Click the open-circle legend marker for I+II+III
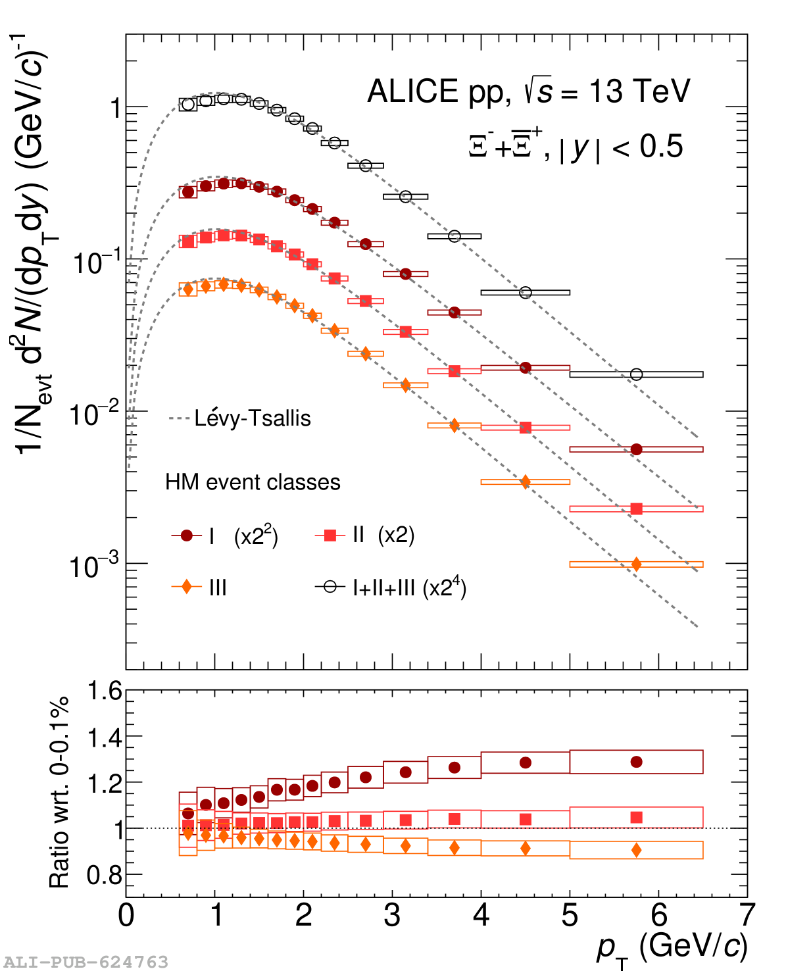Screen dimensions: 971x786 tap(330, 586)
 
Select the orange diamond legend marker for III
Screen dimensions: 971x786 tap(187, 586)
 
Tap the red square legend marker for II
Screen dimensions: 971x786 tap(330, 535)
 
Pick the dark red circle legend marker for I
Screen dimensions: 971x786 tap(187, 535)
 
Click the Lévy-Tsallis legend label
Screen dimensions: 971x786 tap(253, 418)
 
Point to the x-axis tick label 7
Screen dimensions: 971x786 tap(747, 915)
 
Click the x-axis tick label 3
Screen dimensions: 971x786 tap(393, 915)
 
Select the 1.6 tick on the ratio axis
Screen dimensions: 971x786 tap(105, 691)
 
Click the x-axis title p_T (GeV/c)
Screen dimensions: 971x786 tap(671, 947)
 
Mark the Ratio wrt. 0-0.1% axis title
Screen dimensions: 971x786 tap(59, 792)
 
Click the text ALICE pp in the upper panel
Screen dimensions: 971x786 tap(439, 91)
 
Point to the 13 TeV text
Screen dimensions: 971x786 tap(639, 91)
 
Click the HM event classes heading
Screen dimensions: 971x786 tap(253, 482)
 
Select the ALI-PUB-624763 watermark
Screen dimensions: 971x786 tap(86, 962)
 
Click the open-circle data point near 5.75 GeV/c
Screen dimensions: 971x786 tap(636, 374)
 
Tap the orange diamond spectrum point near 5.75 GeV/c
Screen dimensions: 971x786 tap(636, 564)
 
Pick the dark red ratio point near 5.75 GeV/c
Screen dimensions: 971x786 tap(636, 762)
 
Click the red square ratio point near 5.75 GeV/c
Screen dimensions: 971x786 tap(636, 817)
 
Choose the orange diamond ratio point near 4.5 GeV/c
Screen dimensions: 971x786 tap(525, 848)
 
